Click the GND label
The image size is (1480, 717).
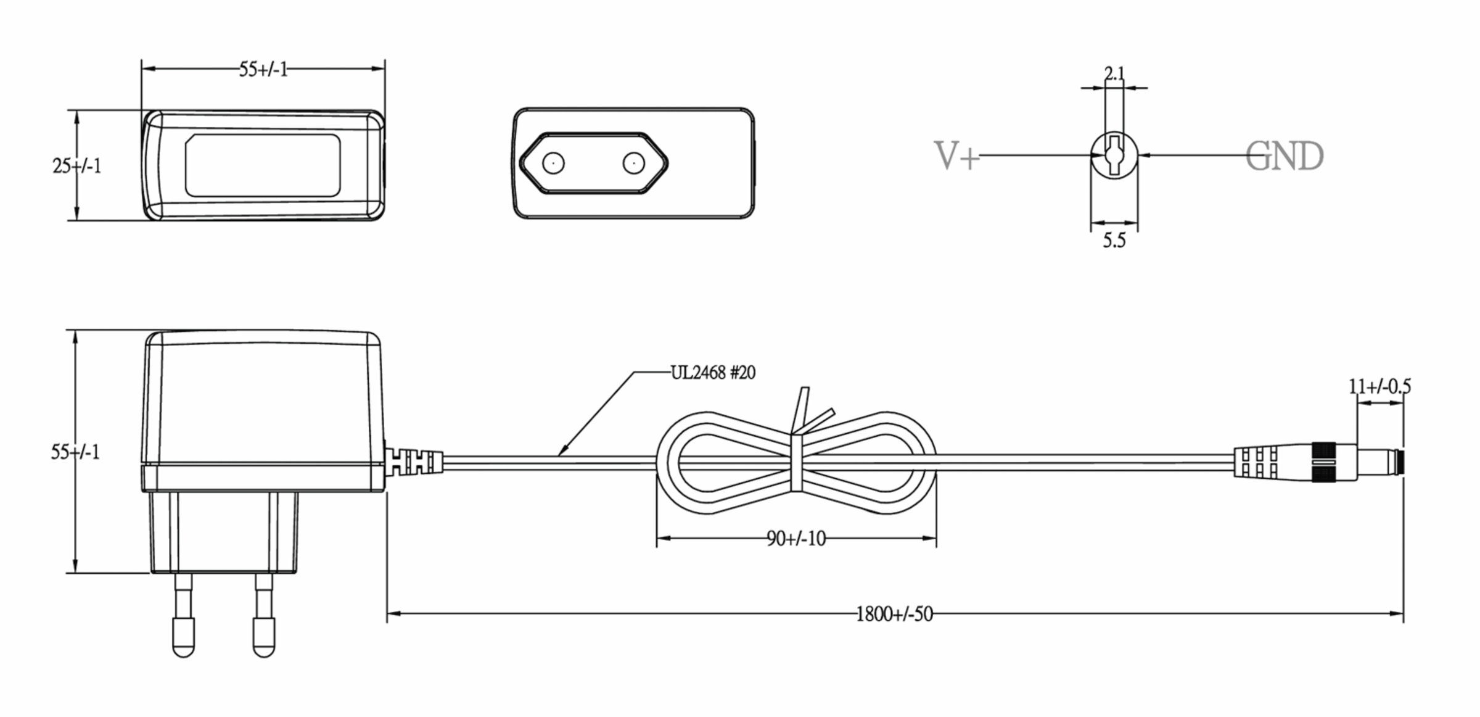1284,156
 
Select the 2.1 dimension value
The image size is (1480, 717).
1114,74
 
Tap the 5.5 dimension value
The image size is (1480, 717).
1114,241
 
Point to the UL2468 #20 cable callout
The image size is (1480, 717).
713,373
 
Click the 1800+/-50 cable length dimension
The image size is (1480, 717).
894,615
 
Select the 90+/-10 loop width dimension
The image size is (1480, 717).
796,539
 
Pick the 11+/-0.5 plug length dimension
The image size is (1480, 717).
1380,387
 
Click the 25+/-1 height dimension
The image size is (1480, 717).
76,166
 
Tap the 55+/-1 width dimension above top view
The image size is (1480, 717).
263,70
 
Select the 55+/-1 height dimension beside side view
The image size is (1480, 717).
75,452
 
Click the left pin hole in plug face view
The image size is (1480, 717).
553,164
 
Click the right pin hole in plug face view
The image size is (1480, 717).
633,164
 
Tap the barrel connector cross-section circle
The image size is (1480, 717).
1114,155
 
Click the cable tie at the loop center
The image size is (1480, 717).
797,463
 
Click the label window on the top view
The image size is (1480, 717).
263,165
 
